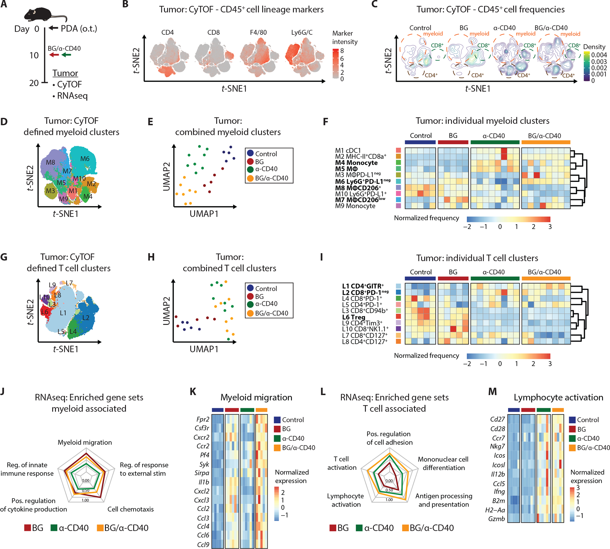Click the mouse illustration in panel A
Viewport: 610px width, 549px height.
point(42,15)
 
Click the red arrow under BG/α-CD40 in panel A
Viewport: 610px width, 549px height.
point(54,55)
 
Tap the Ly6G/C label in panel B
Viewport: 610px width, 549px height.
point(302,32)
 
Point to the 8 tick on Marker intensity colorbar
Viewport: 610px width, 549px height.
point(342,51)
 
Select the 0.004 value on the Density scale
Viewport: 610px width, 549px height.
point(599,55)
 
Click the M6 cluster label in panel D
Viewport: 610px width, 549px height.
point(85,159)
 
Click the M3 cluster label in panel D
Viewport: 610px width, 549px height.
point(51,191)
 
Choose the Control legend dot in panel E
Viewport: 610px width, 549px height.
point(250,153)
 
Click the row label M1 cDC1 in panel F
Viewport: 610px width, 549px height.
point(348,150)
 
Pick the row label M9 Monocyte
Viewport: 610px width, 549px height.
point(355,206)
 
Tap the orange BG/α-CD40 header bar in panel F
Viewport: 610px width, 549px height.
point(546,142)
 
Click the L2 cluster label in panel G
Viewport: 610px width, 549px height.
point(86,318)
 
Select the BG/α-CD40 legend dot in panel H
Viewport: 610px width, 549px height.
point(250,313)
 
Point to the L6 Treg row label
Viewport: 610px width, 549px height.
point(354,317)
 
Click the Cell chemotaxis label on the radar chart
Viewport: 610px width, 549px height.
point(130,509)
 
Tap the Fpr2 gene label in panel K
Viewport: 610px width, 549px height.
point(203,419)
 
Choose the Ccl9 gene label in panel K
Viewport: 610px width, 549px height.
point(203,544)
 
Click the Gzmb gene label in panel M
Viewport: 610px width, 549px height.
point(496,519)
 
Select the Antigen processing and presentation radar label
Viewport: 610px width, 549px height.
point(444,500)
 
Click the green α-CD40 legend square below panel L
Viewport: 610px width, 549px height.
point(359,528)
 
